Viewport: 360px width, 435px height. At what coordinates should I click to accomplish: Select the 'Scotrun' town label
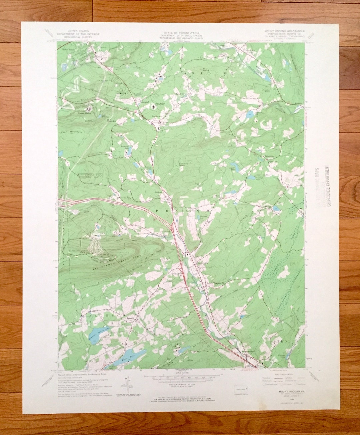pos(158,192)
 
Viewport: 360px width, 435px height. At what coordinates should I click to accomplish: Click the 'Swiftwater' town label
pos(159,117)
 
